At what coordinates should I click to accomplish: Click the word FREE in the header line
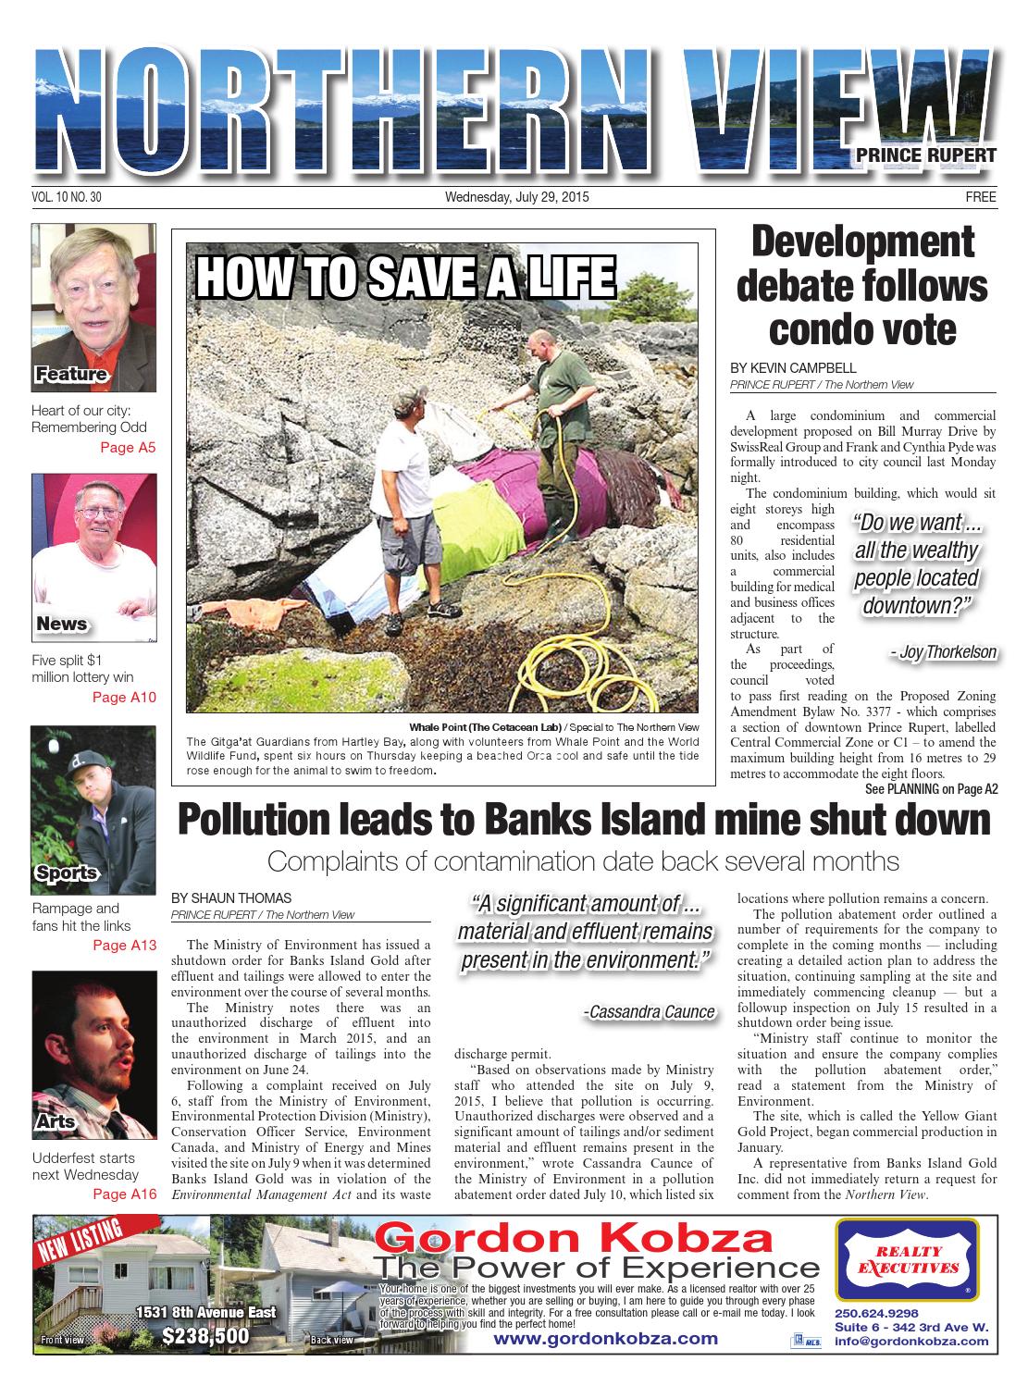pos(980,197)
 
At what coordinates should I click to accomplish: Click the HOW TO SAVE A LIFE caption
pos(406,277)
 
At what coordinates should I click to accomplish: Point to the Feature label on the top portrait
pos(70,375)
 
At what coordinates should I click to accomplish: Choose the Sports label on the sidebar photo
pos(67,872)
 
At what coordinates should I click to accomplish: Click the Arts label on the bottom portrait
pos(56,1122)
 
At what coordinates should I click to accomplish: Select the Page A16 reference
pos(125,1194)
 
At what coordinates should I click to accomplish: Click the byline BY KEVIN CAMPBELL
pos(793,368)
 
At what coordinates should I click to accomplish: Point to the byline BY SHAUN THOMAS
pos(231,898)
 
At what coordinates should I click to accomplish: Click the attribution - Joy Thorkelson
pos(942,652)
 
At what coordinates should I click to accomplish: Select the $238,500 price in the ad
pos(205,1336)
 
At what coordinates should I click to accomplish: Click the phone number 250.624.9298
pos(875,1312)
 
